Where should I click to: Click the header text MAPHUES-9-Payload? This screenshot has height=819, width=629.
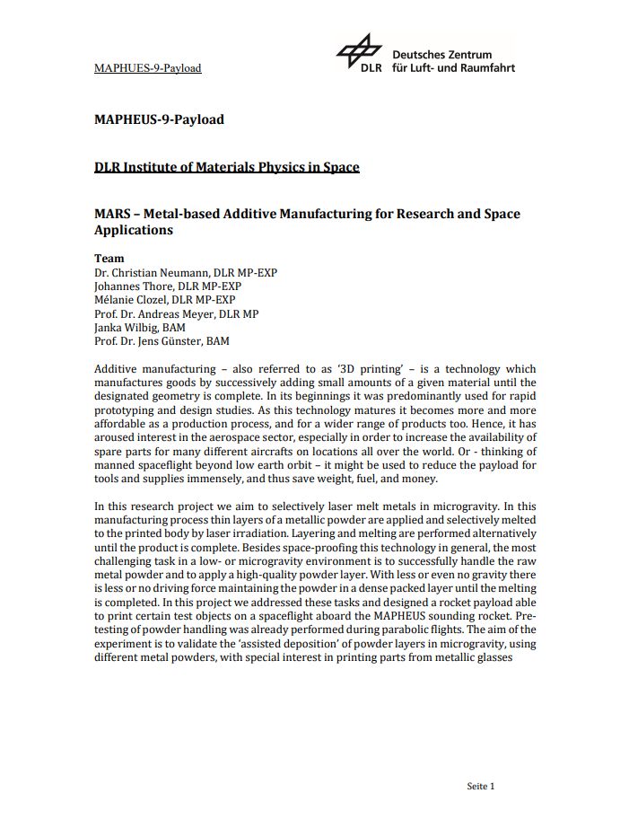click(x=147, y=68)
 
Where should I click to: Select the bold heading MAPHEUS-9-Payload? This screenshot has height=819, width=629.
click(x=159, y=119)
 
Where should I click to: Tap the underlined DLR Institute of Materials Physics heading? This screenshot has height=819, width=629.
click(x=226, y=167)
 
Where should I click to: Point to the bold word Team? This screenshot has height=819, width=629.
click(x=109, y=258)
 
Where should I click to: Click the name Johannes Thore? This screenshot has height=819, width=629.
click(x=134, y=286)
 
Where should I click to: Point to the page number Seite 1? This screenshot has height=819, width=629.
click(x=481, y=787)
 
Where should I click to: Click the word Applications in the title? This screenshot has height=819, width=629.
click(x=134, y=230)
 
